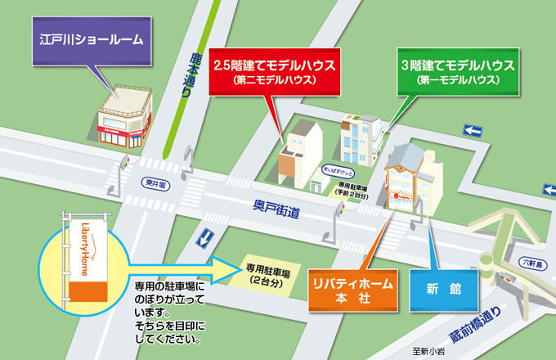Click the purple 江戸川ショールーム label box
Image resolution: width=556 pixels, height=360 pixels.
[92, 38]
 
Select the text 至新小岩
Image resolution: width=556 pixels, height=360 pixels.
[431, 351]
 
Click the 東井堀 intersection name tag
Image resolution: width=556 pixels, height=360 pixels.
[151, 182]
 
